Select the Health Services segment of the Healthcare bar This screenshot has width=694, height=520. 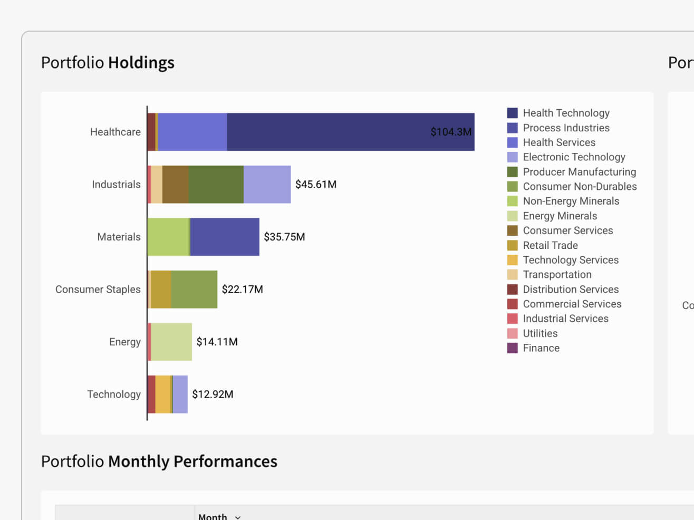point(192,132)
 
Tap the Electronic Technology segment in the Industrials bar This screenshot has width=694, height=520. point(267,185)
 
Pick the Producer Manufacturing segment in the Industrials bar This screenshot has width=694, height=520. point(216,185)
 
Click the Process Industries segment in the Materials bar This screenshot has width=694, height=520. point(225,237)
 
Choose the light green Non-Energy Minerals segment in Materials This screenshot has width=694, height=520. point(168,237)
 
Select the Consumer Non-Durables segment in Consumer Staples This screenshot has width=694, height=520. point(194,290)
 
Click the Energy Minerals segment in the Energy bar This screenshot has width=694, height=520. point(171,342)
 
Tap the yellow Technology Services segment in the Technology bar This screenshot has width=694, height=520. point(163,394)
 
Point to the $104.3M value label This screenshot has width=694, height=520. point(451,132)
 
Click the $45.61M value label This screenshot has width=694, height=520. point(316,185)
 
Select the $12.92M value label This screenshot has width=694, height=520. point(213,394)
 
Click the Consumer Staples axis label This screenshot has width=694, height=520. point(98,290)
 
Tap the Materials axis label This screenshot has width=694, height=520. point(119,237)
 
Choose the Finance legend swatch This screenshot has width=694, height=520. point(513,348)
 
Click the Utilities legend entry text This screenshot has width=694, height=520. point(540,333)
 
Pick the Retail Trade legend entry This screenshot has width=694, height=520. point(550,245)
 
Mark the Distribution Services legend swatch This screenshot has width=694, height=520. point(513,290)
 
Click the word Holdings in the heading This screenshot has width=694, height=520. point(141,63)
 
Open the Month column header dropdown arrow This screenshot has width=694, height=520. point(238,517)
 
